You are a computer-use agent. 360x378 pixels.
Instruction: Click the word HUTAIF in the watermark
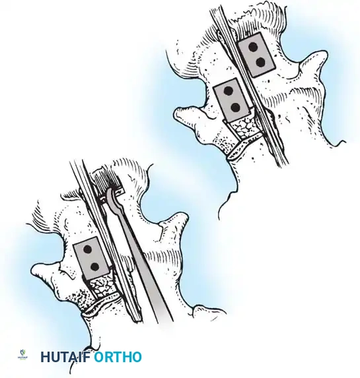pyautogui.click(x=65, y=358)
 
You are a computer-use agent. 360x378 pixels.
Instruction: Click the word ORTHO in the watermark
pyautogui.click(x=118, y=358)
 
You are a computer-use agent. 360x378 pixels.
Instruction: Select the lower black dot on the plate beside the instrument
pyautogui.click(x=94, y=267)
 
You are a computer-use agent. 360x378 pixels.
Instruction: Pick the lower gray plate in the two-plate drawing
pyautogui.click(x=232, y=99)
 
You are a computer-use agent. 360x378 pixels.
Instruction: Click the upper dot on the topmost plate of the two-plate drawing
pyautogui.click(x=252, y=46)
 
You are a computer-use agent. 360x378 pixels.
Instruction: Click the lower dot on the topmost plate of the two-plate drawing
pyautogui.click(x=260, y=62)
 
